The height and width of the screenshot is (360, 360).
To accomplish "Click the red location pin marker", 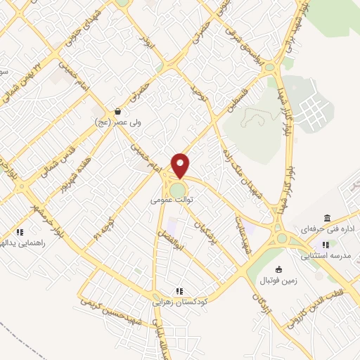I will coord(181,165).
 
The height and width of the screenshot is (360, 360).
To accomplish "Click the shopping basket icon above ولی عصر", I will coord(117,111).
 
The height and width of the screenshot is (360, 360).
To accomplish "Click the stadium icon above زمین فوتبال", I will coord(279,269).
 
